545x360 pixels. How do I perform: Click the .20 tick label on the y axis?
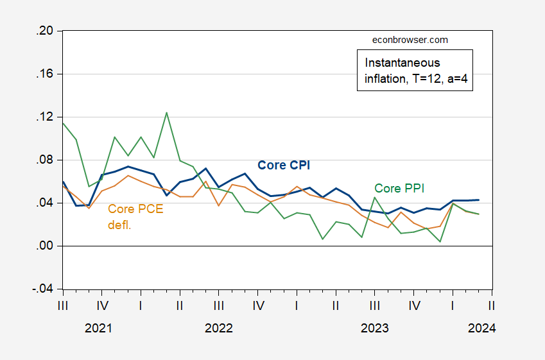pos(46,31)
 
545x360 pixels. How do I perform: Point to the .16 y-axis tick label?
pos(46,74)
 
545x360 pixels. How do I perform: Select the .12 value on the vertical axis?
pos(46,117)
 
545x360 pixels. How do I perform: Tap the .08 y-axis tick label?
pos(46,160)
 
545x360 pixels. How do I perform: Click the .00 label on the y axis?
pos(46,246)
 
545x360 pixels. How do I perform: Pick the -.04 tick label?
pos(44,289)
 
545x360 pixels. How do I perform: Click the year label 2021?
pos(99,329)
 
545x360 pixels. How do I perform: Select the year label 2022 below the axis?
pos(219,329)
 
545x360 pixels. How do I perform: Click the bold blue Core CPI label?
pos(284,165)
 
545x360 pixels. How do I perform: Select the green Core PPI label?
pos(399,188)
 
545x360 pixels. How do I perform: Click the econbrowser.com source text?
pos(410,40)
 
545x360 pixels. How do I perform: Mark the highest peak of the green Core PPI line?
pos(167,113)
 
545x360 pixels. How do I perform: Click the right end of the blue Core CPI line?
pos(479,200)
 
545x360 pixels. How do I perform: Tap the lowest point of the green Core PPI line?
pos(440,241)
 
